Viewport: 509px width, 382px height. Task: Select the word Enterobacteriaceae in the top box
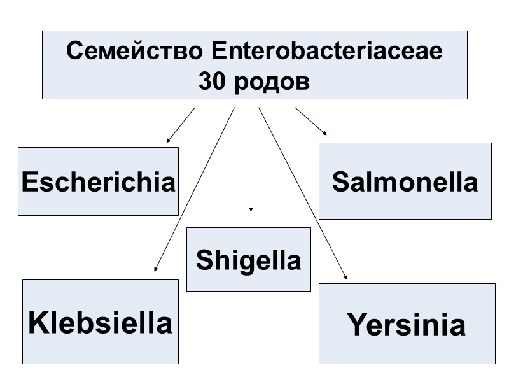tap(325, 52)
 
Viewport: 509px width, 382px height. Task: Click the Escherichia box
tap(98, 181)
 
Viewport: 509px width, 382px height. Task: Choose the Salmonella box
tap(405, 181)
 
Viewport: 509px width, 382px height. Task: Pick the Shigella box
tap(248, 260)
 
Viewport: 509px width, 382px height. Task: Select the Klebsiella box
tap(101, 322)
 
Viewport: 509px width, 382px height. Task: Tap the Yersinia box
tap(407, 324)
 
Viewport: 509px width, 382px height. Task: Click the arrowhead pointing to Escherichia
tap(169, 139)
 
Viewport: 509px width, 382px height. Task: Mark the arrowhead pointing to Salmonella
tap(324, 132)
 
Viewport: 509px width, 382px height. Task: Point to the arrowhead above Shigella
tap(251, 208)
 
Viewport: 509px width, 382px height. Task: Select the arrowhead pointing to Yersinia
tap(345, 277)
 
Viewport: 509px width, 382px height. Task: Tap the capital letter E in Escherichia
tap(29, 182)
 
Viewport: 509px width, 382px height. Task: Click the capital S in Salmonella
tap(340, 182)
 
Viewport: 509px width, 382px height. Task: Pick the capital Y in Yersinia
tap(357, 325)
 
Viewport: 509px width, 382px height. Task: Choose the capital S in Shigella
tap(204, 260)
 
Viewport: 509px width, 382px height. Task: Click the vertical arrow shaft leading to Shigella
tap(251, 159)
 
